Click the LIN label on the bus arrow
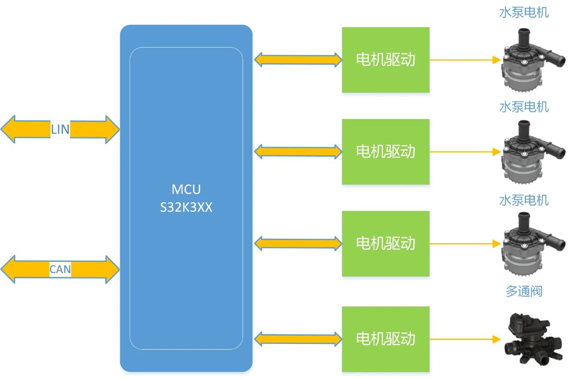point(60,130)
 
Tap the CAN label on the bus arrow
point(60,269)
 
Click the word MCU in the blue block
point(186,189)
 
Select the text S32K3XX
point(186,207)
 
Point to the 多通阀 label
point(524,291)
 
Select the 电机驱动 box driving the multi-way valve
point(385,339)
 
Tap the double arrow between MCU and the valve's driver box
point(297,339)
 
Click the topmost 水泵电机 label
point(524,12)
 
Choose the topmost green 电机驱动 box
point(385,59)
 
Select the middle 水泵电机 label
point(524,107)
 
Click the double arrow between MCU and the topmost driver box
point(297,59)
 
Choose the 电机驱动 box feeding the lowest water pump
point(385,243)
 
